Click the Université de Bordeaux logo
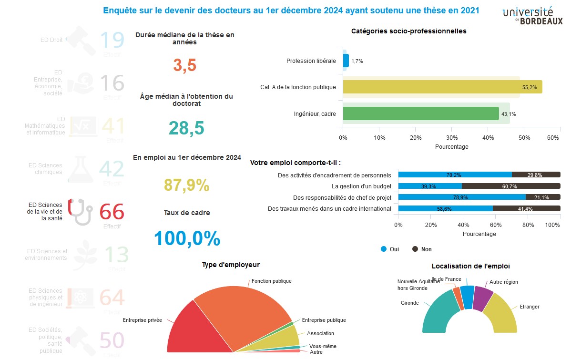[532, 15]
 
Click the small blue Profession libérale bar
[346, 61]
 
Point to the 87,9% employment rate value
[186, 185]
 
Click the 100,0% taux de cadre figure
[187, 238]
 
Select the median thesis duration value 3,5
[184, 65]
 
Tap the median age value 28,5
[186, 128]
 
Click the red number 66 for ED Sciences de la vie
[112, 212]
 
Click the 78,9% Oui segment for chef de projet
[461, 197]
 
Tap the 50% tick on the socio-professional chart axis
[524, 138]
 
